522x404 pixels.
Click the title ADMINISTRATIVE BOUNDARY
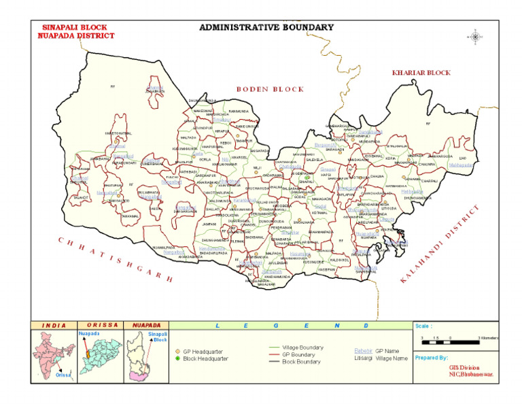(x=266, y=27)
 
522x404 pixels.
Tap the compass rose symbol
(x=474, y=36)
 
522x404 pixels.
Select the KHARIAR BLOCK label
(x=421, y=72)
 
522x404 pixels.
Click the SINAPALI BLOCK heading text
(x=75, y=27)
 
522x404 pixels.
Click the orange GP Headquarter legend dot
(x=178, y=351)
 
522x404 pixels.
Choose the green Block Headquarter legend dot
(x=178, y=358)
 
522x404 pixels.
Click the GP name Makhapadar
(x=462, y=165)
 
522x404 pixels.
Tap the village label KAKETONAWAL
(x=118, y=133)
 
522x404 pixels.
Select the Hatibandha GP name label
(x=412, y=192)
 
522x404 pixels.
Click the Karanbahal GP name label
(x=244, y=201)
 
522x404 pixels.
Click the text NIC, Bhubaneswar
(x=470, y=373)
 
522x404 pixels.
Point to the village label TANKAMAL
(x=130, y=216)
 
